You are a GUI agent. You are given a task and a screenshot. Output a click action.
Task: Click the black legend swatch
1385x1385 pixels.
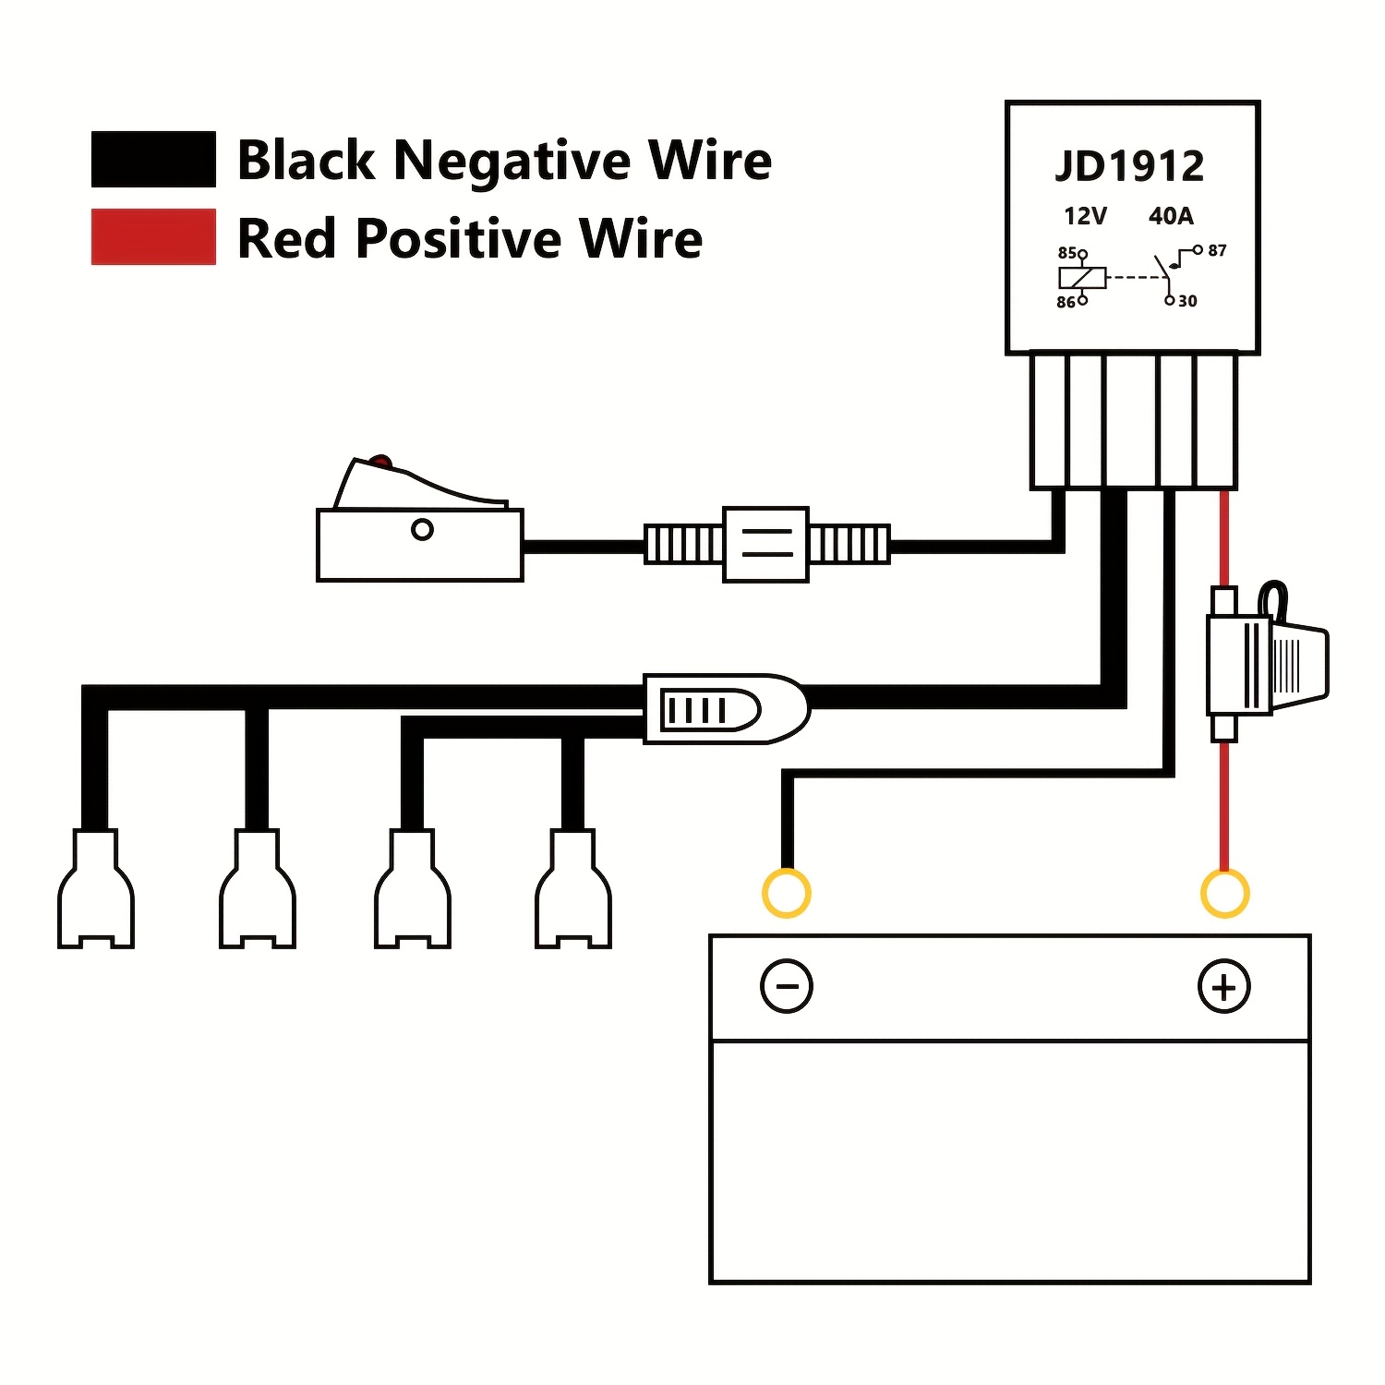pyautogui.click(x=153, y=159)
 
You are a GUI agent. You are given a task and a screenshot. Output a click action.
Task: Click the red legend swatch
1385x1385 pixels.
pyautogui.click(x=153, y=237)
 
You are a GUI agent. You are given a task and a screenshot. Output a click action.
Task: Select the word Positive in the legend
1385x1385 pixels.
pyautogui.click(x=459, y=240)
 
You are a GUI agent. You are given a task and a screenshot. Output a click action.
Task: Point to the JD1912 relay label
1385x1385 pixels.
pyautogui.click(x=1130, y=166)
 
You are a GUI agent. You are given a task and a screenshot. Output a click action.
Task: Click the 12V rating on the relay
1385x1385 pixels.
pyautogui.click(x=1085, y=216)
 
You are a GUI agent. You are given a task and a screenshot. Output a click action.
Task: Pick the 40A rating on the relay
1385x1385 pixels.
pyautogui.click(x=1171, y=216)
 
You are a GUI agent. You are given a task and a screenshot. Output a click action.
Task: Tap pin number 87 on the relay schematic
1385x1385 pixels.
pyautogui.click(x=1217, y=250)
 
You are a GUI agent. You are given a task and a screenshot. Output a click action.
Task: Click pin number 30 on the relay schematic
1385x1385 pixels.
pyautogui.click(x=1187, y=301)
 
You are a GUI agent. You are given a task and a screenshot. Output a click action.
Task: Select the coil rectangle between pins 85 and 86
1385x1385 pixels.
pyautogui.click(x=1082, y=277)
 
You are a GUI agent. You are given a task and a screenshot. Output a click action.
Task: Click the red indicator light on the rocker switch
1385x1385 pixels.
pyautogui.click(x=379, y=462)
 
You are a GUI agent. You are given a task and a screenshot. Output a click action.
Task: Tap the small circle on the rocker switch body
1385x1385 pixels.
pyautogui.click(x=422, y=530)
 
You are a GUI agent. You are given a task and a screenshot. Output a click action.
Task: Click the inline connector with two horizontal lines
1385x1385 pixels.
pyautogui.click(x=766, y=544)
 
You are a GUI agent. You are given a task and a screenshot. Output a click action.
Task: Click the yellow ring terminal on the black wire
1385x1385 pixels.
pyautogui.click(x=787, y=893)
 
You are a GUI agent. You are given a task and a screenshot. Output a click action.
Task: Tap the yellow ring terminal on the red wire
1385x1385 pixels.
pyautogui.click(x=1224, y=893)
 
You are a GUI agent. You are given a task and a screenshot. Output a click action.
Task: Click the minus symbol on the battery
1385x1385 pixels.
pyautogui.click(x=787, y=986)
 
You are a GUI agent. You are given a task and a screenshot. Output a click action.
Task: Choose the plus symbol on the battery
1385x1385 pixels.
pyautogui.click(x=1224, y=986)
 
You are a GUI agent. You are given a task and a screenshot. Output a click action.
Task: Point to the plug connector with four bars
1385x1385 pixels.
pyautogui.click(x=726, y=709)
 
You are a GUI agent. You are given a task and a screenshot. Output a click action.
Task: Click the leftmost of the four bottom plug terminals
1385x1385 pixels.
pyautogui.click(x=96, y=888)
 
